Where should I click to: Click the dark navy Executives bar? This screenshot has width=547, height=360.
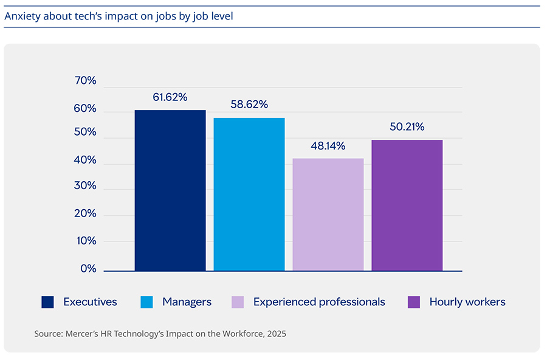coord(170,190)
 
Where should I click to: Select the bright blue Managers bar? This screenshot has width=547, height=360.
coord(249,194)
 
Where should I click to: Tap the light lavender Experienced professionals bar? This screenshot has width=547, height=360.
coord(328,214)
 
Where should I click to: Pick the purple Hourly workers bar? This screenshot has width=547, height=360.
coord(407,205)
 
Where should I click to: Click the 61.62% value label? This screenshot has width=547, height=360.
coord(170,97)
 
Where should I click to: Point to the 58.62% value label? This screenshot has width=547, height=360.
coord(249,105)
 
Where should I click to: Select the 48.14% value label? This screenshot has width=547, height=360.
coord(328,146)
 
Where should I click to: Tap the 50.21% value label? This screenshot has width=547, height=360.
coord(407,126)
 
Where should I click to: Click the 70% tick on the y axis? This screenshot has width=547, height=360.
coord(84,81)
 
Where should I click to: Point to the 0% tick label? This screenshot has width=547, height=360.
coord(88,268)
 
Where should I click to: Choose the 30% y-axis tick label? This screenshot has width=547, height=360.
coord(84,185)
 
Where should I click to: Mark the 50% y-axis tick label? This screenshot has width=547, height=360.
coord(84,132)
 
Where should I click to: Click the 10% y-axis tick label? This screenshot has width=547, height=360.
coord(84,241)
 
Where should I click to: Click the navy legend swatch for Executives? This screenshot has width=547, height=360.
coord(48,302)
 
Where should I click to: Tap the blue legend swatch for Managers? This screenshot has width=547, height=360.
coord(146,302)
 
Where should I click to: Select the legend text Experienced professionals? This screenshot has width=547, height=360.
coord(319,302)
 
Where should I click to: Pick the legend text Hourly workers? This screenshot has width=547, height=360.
coord(467,302)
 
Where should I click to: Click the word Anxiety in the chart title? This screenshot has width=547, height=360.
coord(21,16)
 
